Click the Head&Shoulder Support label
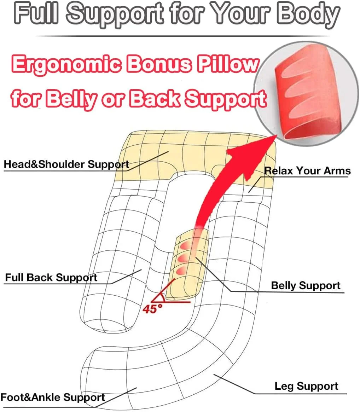click(66, 164)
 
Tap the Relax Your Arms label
click(307, 170)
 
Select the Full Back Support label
click(51, 278)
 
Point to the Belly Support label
click(306, 286)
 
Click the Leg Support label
click(306, 386)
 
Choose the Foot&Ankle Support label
click(53, 397)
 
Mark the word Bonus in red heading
click(159, 64)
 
